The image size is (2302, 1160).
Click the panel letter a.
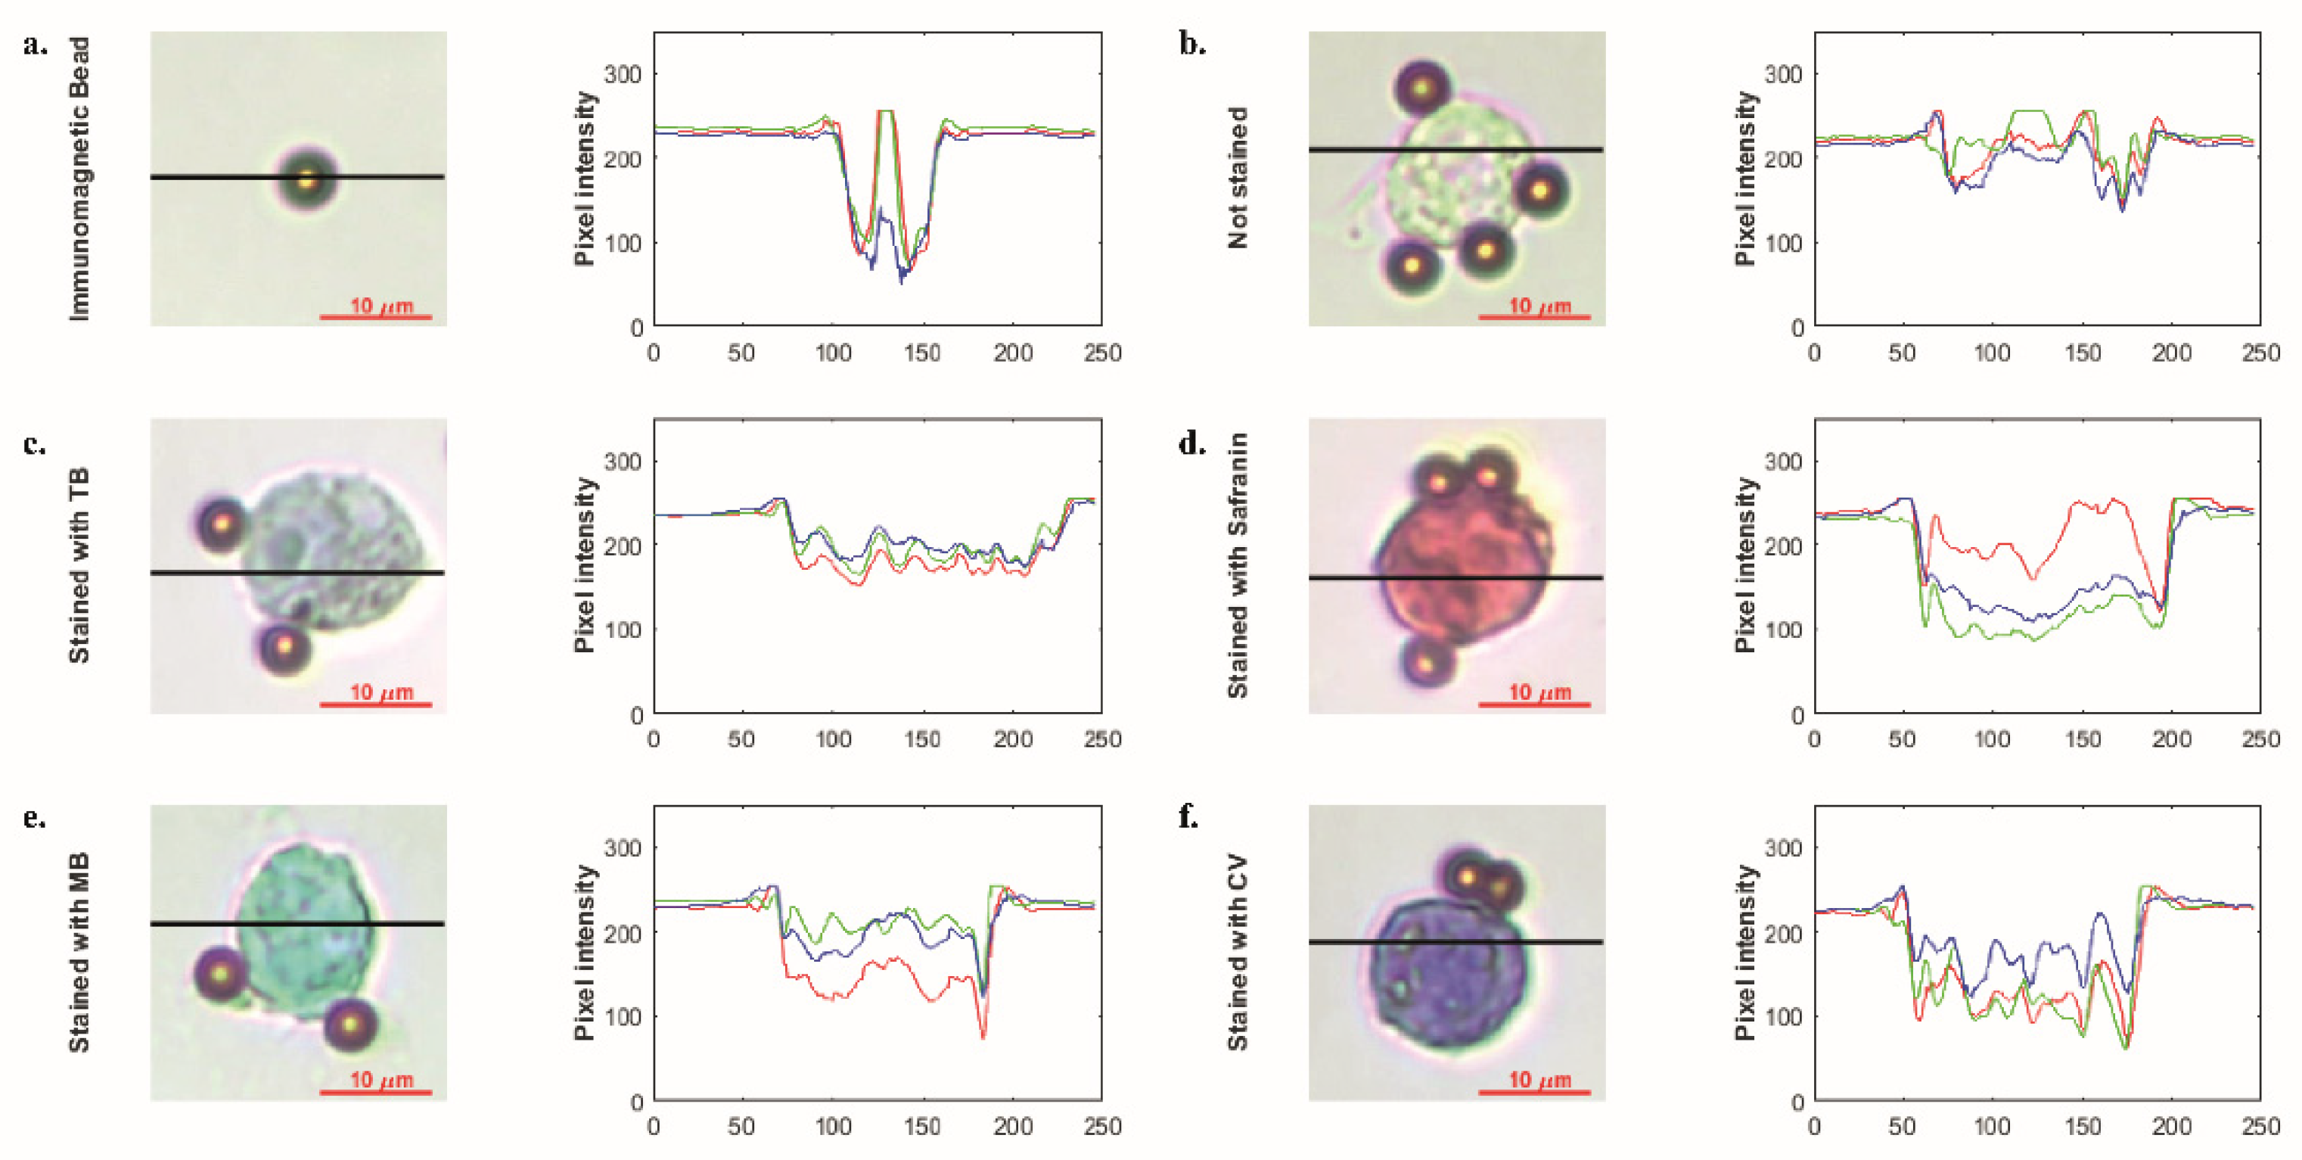(x=34, y=45)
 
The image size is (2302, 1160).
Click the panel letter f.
(x=1188, y=816)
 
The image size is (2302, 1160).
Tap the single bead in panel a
(x=306, y=179)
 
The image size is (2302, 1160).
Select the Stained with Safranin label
(x=1237, y=564)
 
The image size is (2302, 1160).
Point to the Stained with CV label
(x=1237, y=953)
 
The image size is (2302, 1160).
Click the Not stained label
(x=1237, y=177)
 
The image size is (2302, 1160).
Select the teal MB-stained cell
(x=304, y=929)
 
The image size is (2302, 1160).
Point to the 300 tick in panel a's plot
(x=623, y=74)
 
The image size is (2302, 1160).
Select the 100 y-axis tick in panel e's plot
(x=623, y=1017)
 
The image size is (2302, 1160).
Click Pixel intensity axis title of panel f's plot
(x=1744, y=953)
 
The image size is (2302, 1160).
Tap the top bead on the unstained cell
(x=1423, y=89)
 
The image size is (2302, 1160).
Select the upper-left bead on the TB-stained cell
(x=221, y=523)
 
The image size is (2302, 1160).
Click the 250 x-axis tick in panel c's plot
(x=1102, y=739)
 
